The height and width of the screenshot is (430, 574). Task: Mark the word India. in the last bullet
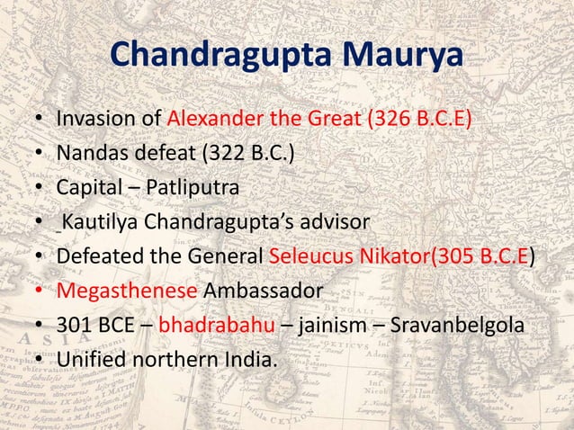point(248,359)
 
